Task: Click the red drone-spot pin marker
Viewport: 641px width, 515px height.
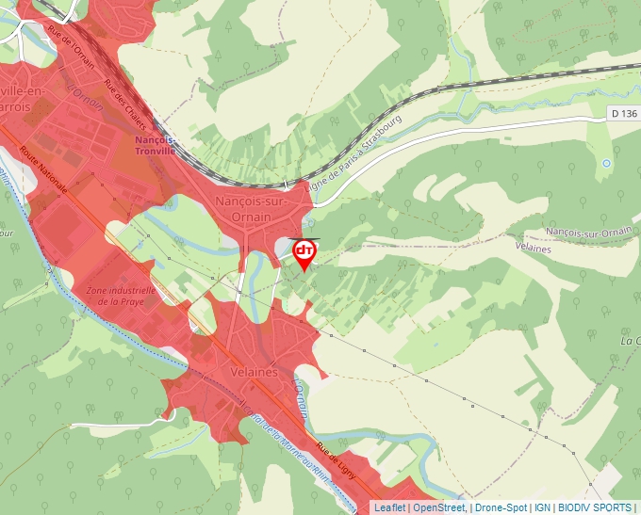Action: tap(304, 252)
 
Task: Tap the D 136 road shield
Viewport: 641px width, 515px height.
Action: tap(623, 113)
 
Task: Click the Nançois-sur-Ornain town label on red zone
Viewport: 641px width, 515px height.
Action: tap(243, 209)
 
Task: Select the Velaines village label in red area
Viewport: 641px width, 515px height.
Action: tap(254, 372)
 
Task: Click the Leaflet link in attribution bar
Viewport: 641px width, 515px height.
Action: tap(389, 507)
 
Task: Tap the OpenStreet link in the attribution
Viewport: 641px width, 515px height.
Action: tap(439, 507)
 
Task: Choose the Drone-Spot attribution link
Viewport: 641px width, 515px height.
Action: tap(501, 507)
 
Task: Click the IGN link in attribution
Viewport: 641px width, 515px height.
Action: tap(542, 507)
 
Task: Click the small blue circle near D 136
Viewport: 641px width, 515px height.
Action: tap(606, 163)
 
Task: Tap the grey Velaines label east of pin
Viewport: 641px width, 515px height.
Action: tap(534, 246)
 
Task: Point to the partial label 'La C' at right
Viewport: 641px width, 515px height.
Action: tap(630, 340)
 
